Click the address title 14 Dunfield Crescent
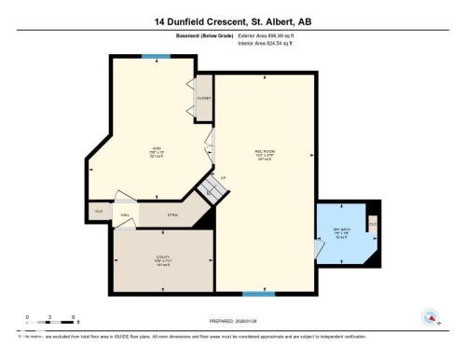click(232, 19)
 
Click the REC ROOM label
click(264, 156)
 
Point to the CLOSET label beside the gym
click(203, 98)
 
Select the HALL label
click(124, 215)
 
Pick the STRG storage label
click(171, 215)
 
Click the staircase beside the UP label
click(217, 191)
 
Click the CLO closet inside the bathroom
click(372, 224)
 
